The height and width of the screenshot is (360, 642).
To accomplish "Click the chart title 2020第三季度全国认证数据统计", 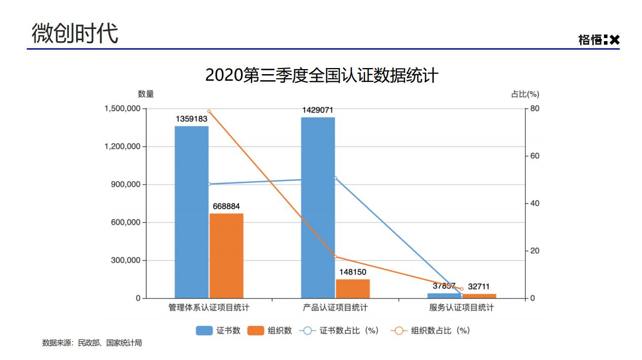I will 321,76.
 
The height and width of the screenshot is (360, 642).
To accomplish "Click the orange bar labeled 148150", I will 353,288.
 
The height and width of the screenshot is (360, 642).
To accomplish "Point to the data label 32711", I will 479,286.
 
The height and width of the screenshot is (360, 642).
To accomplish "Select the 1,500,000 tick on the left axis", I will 122,109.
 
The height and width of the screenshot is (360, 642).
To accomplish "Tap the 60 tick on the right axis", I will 535,156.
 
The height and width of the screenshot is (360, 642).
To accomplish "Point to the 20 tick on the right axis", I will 535,251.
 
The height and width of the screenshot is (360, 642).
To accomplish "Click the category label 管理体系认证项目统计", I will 209,308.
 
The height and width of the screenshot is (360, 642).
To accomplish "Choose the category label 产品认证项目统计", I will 335,308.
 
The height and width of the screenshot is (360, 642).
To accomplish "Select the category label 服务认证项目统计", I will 461,308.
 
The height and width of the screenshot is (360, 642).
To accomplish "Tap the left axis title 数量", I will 146,94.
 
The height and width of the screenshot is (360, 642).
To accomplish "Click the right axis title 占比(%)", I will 525,94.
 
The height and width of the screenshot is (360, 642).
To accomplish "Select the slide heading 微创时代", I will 75,34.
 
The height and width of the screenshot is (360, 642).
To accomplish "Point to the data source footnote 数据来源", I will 92,343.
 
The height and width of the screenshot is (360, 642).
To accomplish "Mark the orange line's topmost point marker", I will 209,111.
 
